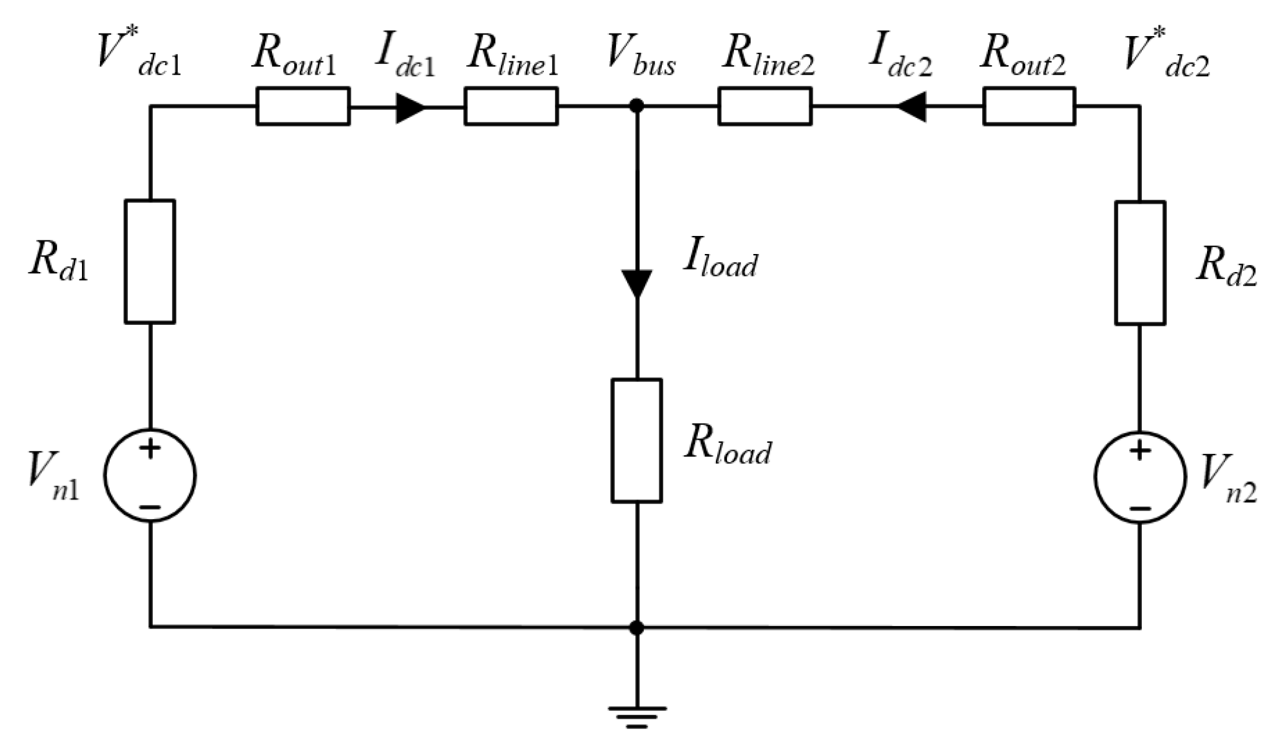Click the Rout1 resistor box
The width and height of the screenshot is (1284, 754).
[x=303, y=106]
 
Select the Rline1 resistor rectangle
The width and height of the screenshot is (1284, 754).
[x=511, y=106]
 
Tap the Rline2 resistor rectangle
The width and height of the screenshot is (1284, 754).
[x=765, y=106]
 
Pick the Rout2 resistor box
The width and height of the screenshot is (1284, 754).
[x=1029, y=106]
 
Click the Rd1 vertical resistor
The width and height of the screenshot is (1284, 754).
[x=150, y=261]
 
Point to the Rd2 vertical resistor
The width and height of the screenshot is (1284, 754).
[x=1140, y=263]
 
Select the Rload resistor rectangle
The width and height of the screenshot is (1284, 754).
[x=636, y=440]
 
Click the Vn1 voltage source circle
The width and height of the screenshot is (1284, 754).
[x=150, y=476]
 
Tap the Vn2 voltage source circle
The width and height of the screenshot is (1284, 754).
[x=1140, y=477]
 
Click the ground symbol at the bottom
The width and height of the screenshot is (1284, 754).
[x=636, y=716]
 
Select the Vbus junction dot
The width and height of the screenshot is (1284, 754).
[x=636, y=106]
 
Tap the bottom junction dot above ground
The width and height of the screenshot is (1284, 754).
[x=636, y=628]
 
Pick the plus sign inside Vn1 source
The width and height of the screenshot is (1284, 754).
[x=150, y=448]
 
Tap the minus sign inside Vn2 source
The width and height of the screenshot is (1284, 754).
[x=1140, y=509]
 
